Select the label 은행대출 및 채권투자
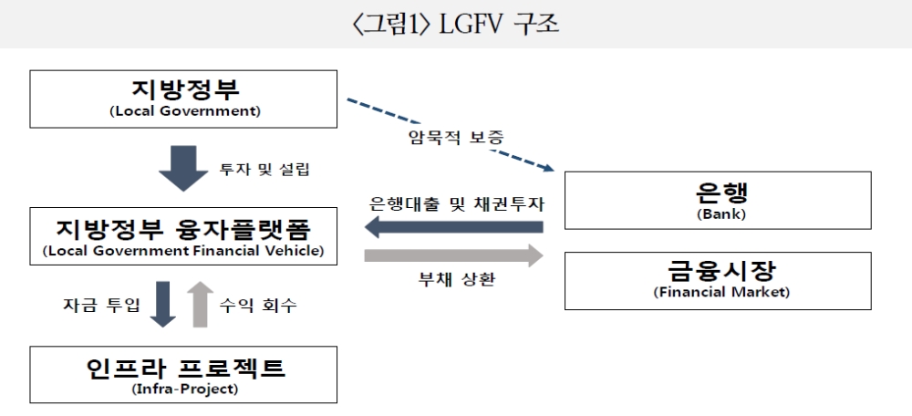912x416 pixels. pos(453,201)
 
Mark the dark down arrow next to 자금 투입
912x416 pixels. pos(162,304)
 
